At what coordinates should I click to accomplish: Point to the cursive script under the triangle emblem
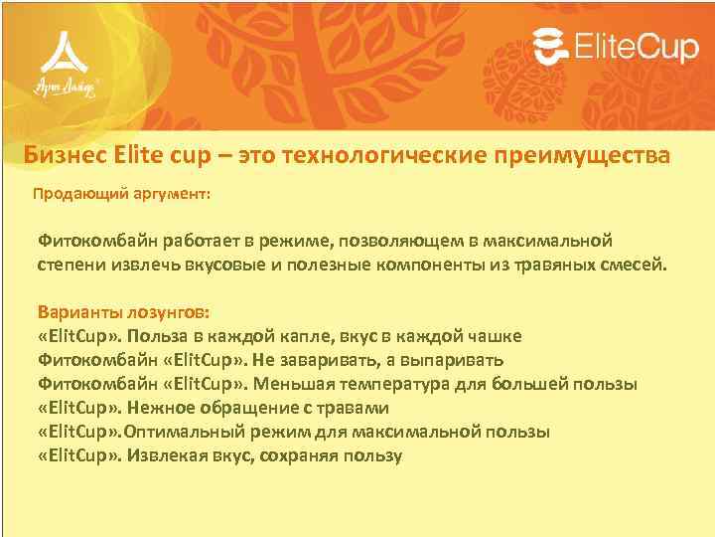click(65, 88)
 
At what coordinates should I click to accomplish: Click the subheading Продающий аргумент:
click(121, 195)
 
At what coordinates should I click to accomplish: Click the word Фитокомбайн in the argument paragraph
click(90, 241)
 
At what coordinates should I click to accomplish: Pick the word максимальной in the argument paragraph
click(555, 241)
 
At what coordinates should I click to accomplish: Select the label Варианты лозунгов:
click(123, 311)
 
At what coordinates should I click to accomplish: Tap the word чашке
click(491, 336)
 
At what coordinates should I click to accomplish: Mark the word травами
click(357, 408)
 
